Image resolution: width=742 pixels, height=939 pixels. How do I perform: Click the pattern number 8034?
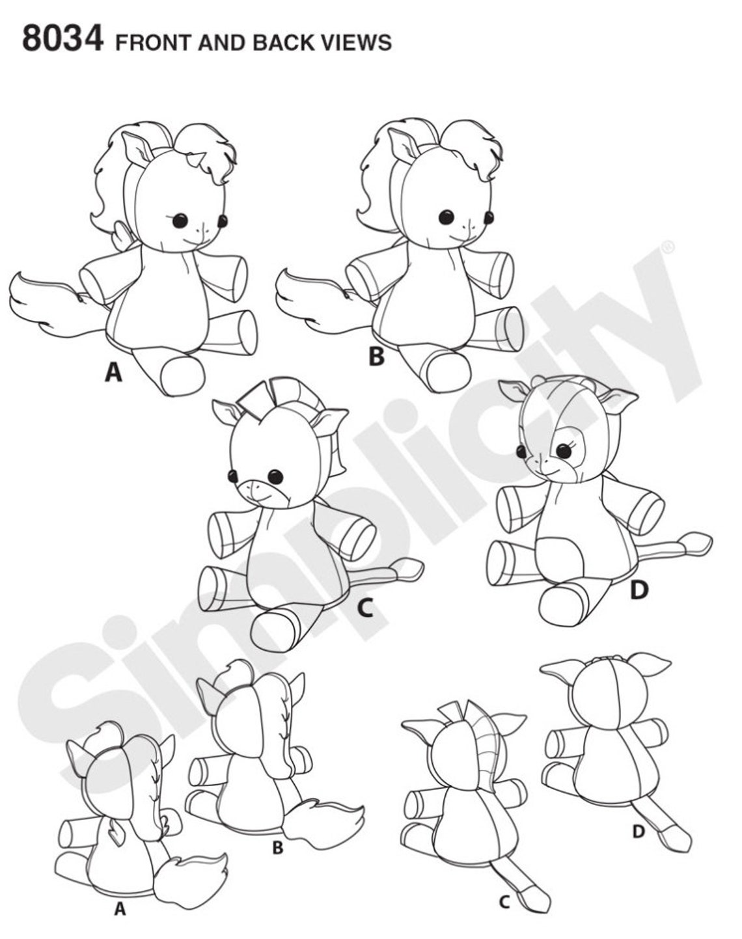coord(62,40)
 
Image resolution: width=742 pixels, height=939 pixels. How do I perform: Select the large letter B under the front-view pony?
coord(376,357)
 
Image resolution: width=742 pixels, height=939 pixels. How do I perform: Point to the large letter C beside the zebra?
coord(364,608)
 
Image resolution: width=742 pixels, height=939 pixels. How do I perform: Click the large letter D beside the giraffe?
coord(640,590)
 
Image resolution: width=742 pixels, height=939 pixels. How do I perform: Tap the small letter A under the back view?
coord(119,909)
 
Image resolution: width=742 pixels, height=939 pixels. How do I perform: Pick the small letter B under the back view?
coord(278,849)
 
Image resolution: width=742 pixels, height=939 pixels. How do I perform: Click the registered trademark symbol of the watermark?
coord(668,248)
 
